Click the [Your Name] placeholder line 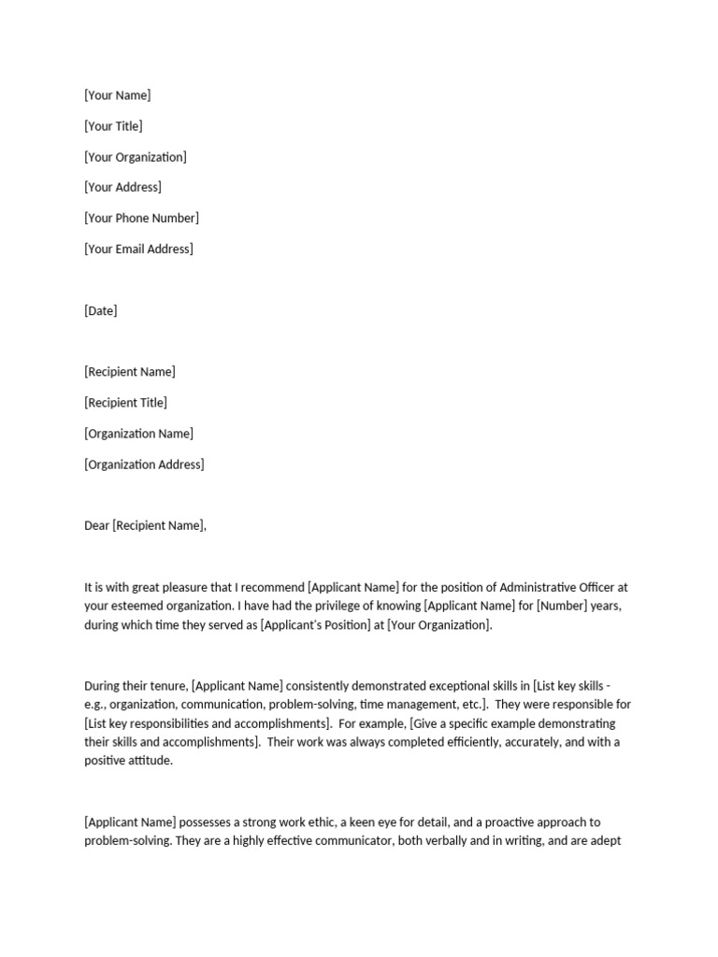(117, 95)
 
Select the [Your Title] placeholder (113, 126)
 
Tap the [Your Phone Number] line (141, 218)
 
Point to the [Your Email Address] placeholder (138, 249)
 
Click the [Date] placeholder (101, 310)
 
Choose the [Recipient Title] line (125, 403)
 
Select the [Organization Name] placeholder (138, 434)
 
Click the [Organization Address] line (144, 464)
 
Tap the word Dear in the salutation (96, 525)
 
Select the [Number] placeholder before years (556, 606)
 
